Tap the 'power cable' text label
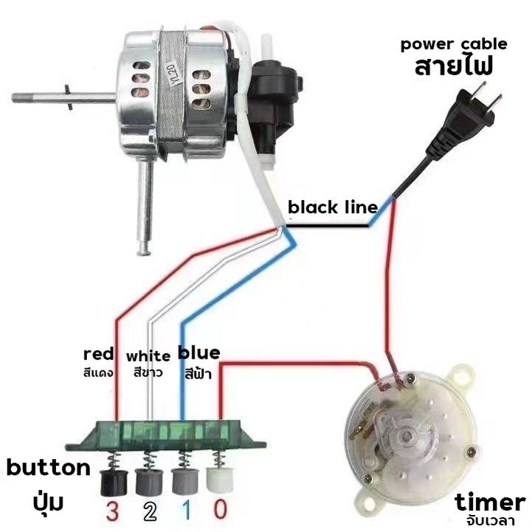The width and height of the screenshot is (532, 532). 454,44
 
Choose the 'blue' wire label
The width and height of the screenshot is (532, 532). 198,353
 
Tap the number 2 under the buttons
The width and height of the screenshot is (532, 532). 150,510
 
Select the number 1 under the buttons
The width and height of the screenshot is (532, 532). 187,510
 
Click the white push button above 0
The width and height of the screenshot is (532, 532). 219,480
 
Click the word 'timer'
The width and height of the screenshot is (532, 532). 489,503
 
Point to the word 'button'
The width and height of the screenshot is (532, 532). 49,467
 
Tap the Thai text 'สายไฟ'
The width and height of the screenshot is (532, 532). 453,66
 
